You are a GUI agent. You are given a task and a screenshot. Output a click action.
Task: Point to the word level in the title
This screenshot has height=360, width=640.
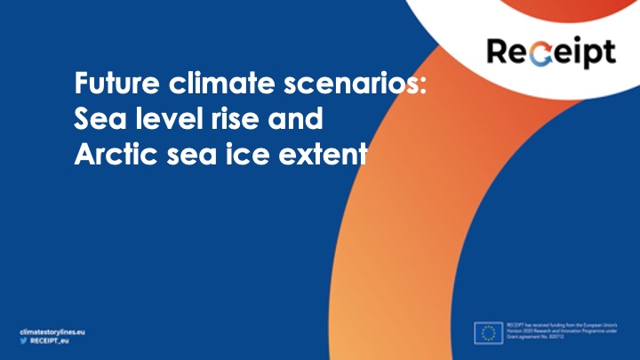158,120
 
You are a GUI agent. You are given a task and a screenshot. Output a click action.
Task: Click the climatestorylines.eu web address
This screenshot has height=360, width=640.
54,328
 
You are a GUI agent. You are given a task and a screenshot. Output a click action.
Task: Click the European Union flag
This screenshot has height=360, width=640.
487,332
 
